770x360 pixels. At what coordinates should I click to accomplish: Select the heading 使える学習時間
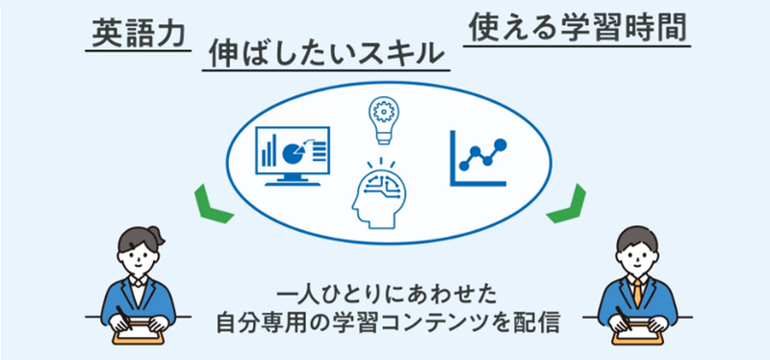(x=578, y=29)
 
